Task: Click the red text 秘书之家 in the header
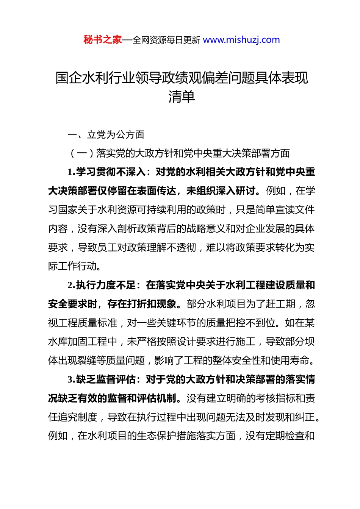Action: coord(103,40)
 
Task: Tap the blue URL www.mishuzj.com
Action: coord(241,40)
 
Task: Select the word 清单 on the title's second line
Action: coord(182,97)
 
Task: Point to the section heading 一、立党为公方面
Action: coord(106,135)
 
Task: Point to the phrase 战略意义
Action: coord(206,229)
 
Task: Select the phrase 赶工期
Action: coord(280,304)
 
